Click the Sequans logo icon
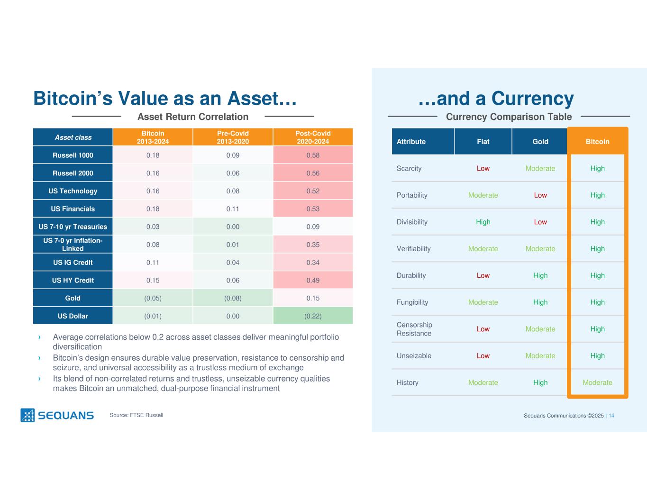click(27, 415)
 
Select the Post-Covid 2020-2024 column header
click(313, 137)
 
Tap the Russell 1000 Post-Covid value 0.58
click(313, 155)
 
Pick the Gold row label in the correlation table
click(73, 298)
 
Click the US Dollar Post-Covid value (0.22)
click(313, 316)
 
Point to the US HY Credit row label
click(73, 280)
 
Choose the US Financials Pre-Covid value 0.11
click(233, 209)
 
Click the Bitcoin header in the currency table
click(597, 142)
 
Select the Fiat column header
click(483, 142)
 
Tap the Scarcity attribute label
click(409, 168)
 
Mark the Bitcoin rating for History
click(597, 382)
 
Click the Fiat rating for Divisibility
click(483, 222)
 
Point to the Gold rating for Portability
click(540, 195)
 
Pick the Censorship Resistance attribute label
click(414, 329)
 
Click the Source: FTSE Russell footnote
click(137, 415)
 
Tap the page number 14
click(611, 416)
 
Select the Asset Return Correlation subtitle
click(193, 117)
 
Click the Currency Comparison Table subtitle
click(509, 117)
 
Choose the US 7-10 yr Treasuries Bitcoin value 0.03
click(153, 227)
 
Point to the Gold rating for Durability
click(540, 275)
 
